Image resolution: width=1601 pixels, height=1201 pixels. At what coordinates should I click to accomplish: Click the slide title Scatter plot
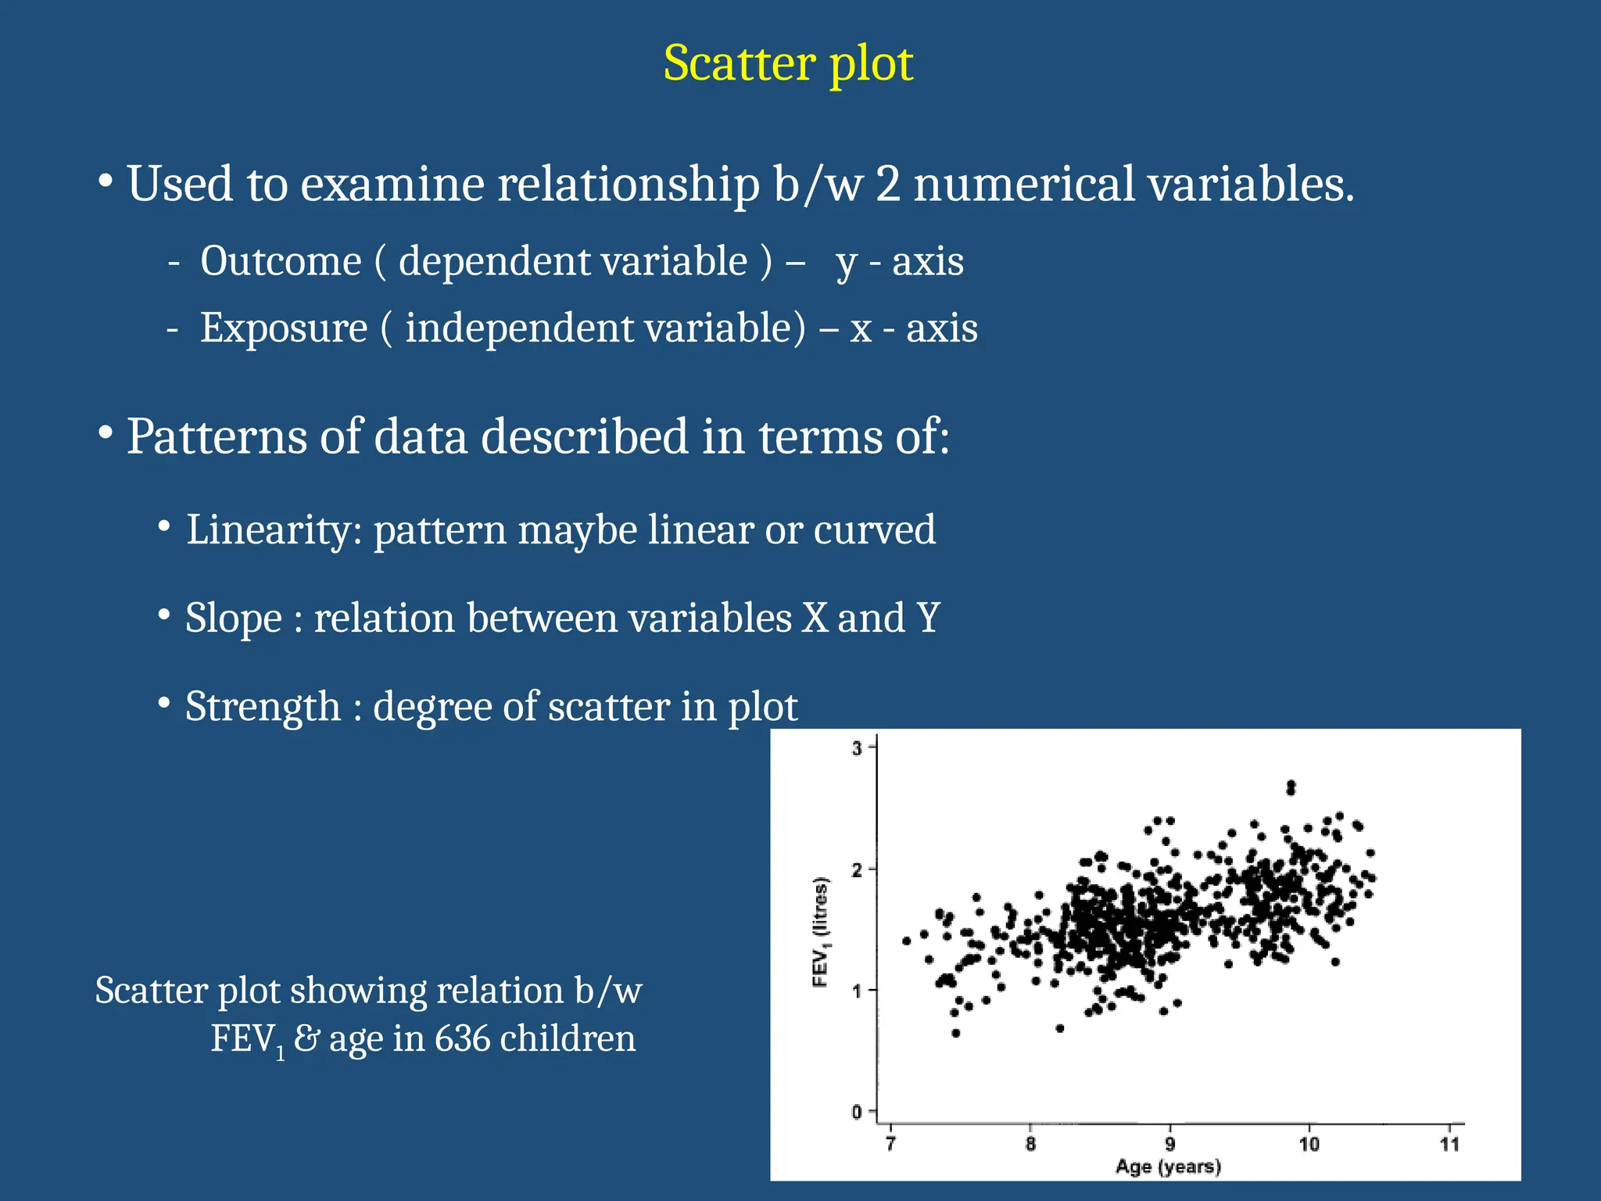tap(788, 63)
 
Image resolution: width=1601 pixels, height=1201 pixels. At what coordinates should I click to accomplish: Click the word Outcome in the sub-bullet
tap(281, 261)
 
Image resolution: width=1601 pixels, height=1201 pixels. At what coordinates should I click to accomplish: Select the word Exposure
tap(283, 328)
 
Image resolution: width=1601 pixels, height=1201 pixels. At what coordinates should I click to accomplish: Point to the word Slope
tap(233, 618)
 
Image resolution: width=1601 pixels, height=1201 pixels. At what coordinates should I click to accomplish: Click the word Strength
tap(263, 707)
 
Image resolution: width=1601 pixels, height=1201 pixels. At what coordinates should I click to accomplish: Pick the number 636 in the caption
tap(462, 1039)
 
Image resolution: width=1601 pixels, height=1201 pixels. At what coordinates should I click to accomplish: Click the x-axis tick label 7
tap(890, 1144)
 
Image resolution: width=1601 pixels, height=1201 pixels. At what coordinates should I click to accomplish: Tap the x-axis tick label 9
tap(1169, 1144)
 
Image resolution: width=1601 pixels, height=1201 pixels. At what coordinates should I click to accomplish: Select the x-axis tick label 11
tap(1449, 1144)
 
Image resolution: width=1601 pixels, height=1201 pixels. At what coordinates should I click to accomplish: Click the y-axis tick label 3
tap(857, 748)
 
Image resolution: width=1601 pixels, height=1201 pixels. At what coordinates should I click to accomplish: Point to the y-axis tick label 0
tap(857, 1112)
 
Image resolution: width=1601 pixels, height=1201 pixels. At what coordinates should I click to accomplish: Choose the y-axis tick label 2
tap(857, 869)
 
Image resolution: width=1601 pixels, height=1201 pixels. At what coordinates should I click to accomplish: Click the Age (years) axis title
tap(1168, 1167)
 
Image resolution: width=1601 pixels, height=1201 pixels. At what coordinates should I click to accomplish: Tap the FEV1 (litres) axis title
tap(821, 931)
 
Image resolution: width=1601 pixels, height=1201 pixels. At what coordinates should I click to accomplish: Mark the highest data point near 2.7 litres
tap(1291, 787)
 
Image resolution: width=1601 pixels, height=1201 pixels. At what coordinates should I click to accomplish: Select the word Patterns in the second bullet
tap(217, 436)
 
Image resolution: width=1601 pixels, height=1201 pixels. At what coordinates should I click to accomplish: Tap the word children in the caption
tap(568, 1039)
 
